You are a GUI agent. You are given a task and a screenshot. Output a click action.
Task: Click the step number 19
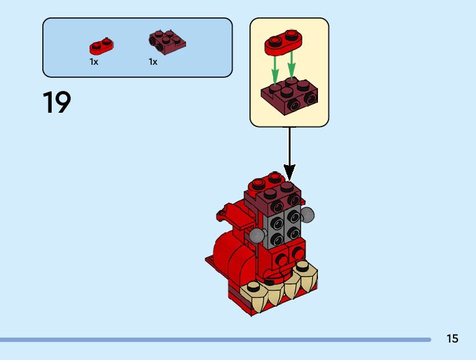point(57,103)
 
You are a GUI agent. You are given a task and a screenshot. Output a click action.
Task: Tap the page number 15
point(452,339)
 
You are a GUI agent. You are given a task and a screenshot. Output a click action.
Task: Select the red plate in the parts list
point(101,45)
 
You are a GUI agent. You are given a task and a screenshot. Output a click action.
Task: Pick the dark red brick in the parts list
point(167,41)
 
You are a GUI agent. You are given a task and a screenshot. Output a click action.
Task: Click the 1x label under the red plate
point(94,62)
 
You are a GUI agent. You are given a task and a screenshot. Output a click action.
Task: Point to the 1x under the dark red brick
point(153,62)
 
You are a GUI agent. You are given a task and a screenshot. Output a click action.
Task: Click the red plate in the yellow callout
point(283,40)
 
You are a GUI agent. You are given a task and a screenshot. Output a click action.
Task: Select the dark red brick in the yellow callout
point(289,96)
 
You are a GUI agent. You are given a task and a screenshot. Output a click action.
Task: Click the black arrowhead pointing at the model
point(289,171)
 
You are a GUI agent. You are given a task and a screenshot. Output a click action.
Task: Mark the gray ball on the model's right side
point(307,216)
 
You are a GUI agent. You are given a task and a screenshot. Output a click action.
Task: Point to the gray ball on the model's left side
point(256,235)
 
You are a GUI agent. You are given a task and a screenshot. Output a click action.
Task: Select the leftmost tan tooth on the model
point(254,288)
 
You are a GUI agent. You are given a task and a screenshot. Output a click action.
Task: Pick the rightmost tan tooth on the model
point(304,267)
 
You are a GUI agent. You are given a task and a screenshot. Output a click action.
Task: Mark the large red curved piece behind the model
point(224,255)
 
